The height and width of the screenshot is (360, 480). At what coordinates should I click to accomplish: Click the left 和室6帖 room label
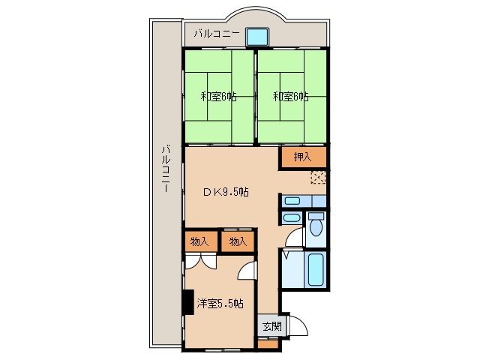coord(218,97)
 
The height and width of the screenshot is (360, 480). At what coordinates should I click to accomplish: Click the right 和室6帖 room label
coord(290,97)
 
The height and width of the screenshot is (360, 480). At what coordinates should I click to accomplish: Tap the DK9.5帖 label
coord(226,192)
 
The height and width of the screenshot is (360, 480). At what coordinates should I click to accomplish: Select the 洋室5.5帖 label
coord(220,303)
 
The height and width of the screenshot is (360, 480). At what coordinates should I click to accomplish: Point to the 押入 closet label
coord(302,157)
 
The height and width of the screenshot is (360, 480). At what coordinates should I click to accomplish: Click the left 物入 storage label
coord(199,241)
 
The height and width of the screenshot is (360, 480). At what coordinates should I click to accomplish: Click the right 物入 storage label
coord(238,241)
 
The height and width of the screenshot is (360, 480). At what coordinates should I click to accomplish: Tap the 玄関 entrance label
coord(272,327)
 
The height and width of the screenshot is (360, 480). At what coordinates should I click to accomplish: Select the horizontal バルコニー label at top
coord(217,33)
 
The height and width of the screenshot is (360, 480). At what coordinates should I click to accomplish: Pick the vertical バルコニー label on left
coord(166,169)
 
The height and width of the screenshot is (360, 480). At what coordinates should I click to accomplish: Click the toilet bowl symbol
coord(316,225)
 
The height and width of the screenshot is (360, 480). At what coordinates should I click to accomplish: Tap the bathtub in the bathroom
coord(316,269)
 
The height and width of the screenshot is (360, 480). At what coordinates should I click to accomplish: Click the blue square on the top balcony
coord(257,37)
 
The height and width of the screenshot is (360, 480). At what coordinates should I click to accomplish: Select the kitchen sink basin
coord(292,201)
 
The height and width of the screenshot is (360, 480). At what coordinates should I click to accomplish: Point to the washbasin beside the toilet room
coord(291,218)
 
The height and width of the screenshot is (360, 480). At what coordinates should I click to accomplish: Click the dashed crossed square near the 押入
coord(318,177)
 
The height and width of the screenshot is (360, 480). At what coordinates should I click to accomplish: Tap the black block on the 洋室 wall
coord(188,301)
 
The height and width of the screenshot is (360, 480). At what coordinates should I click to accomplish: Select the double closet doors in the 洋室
coord(201,262)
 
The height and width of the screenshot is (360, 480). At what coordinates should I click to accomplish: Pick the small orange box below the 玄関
coord(268,344)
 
